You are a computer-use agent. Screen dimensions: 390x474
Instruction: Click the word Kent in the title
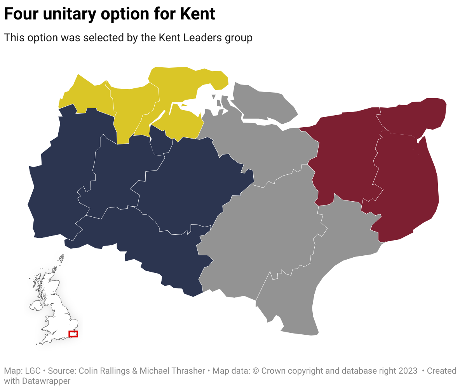[198, 14]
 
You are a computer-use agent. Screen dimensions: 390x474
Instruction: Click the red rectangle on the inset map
[73, 334]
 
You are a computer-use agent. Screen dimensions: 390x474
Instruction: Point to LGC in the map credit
[33, 371]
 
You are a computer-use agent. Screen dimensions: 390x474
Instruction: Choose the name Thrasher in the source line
[188, 371]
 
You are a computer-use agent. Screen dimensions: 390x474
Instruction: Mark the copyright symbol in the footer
[256, 371]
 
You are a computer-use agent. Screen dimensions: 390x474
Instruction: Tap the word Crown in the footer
[272, 371]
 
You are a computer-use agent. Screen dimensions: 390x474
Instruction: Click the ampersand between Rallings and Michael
[135, 371]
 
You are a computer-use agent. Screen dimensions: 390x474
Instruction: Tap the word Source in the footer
[62, 371]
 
